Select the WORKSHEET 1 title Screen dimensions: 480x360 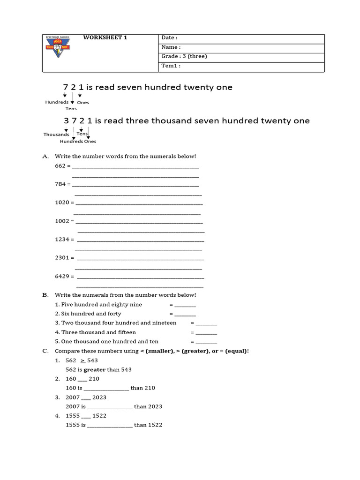click(105, 37)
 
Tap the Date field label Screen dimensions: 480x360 click(169, 37)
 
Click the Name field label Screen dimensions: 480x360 click(171, 47)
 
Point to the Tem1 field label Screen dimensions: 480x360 click(171, 66)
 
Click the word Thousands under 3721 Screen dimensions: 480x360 click(56, 135)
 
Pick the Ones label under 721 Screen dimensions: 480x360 click(83, 102)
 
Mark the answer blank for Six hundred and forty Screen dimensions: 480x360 click(185, 314)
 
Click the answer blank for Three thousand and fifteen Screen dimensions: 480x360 click(206, 332)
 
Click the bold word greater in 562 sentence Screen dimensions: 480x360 click(95, 369)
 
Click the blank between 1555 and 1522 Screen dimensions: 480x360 click(86, 416)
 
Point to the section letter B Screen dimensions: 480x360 click(45, 295)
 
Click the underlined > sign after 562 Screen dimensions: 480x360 click(82, 360)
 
